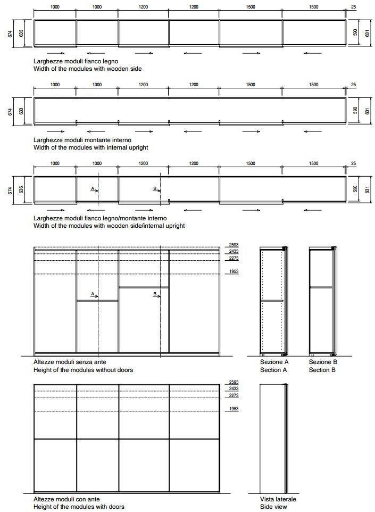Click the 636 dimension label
(21, 190)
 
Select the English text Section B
(322, 370)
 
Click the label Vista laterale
(278, 499)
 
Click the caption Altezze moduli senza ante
(70, 362)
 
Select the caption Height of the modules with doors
(79, 507)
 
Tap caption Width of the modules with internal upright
(90, 147)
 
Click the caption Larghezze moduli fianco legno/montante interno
(99, 218)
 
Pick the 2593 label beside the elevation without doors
(233, 245)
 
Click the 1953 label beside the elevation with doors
(233, 409)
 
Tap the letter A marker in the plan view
(93, 189)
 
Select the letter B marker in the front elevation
(155, 294)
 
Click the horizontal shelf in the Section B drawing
(321, 287)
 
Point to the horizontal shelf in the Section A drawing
(272, 301)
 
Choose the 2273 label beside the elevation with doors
(233, 395)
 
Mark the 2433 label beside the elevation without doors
(233, 251)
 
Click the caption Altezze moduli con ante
(66, 499)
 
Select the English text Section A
(273, 370)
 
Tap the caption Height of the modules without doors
(83, 370)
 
